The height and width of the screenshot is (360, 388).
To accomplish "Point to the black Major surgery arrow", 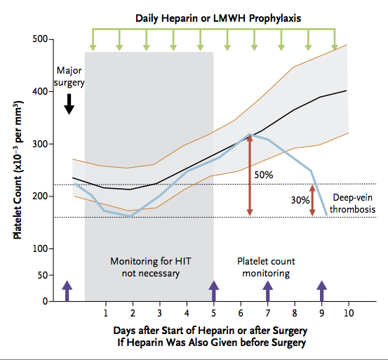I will (x=69, y=103).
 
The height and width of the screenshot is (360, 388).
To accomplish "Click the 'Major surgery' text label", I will (x=69, y=76).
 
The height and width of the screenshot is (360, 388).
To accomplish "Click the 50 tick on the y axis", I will (x=42, y=275).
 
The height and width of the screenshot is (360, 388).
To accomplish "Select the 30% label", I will (x=300, y=200).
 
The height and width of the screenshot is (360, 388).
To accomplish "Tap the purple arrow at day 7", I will (x=267, y=291).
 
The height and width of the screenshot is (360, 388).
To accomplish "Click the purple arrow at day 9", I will (x=322, y=291).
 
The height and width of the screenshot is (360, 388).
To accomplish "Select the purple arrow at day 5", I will (x=213, y=291).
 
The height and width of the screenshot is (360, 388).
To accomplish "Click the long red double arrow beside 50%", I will (x=249, y=175).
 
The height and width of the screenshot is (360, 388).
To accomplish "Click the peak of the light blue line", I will (x=250, y=134).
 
